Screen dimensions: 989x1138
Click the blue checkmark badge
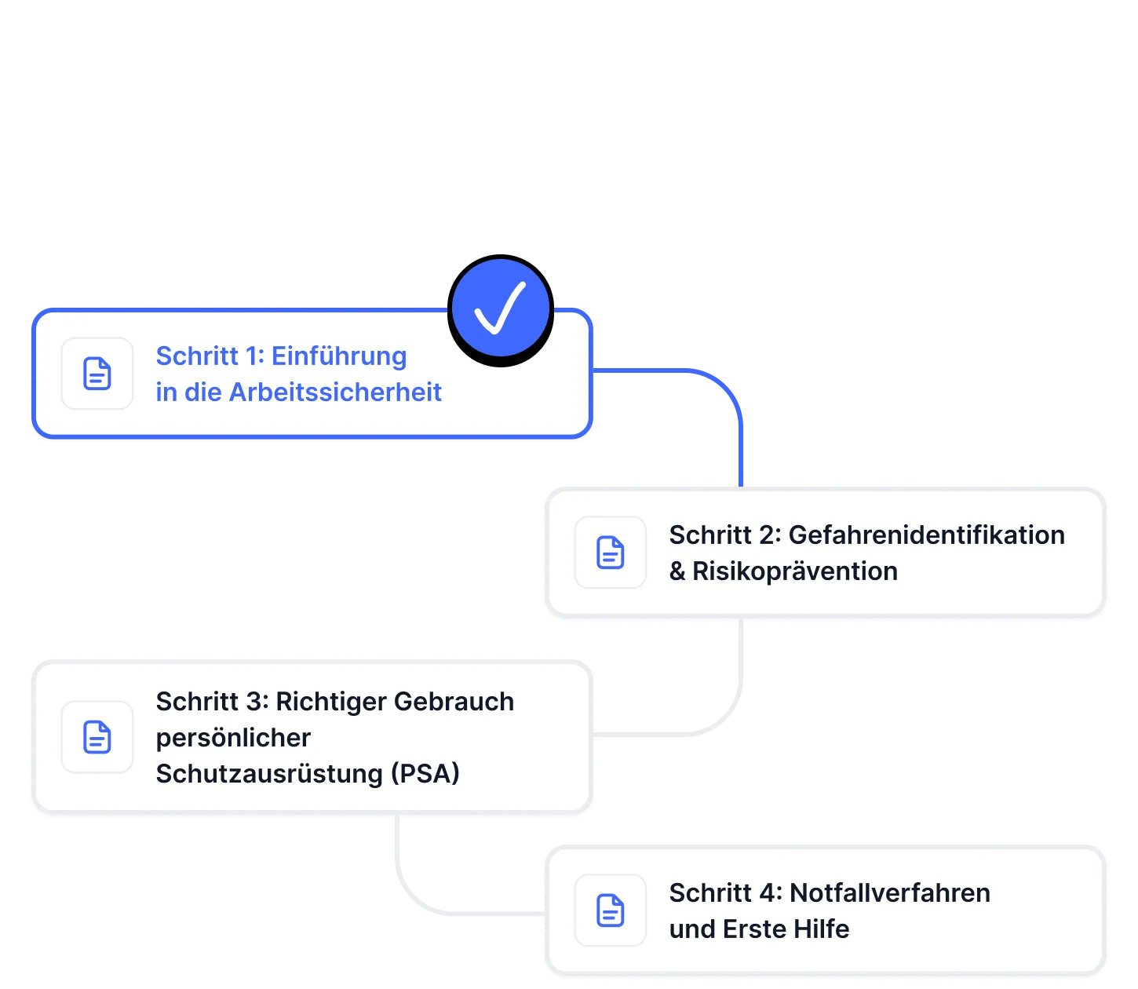[x=501, y=309]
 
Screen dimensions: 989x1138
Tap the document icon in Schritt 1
[x=97, y=374]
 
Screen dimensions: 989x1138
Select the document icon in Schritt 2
[x=611, y=553]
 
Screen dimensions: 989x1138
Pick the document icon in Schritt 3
[x=97, y=737]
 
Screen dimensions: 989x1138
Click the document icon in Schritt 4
[x=611, y=911]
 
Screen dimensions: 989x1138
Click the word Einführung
[x=339, y=356]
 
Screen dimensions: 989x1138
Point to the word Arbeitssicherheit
[x=335, y=392]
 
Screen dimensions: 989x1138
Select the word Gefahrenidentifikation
[x=926, y=535]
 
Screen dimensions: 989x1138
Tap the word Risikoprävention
[x=794, y=571]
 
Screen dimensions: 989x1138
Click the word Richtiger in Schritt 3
[x=330, y=702]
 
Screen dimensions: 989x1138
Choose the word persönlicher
[x=233, y=738]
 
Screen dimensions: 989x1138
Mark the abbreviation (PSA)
[x=425, y=774]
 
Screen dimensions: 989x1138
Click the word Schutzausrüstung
[x=269, y=774]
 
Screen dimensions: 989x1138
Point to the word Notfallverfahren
[x=889, y=893]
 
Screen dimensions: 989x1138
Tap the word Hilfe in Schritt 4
[x=821, y=929]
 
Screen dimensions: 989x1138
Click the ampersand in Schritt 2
[x=677, y=571]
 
